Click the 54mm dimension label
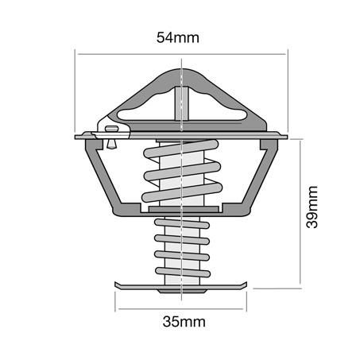178,37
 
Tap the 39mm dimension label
312,207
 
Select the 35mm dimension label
184,322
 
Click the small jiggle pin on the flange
111,137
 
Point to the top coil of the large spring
181,149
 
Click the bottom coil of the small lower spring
183,272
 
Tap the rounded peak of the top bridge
182,74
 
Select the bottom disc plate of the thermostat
181,286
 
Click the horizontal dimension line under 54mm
181,54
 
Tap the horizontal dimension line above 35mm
181,309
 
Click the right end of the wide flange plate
287,137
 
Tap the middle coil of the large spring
183,172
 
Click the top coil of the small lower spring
182,223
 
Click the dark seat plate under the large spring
184,209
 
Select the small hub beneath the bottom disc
182,291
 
